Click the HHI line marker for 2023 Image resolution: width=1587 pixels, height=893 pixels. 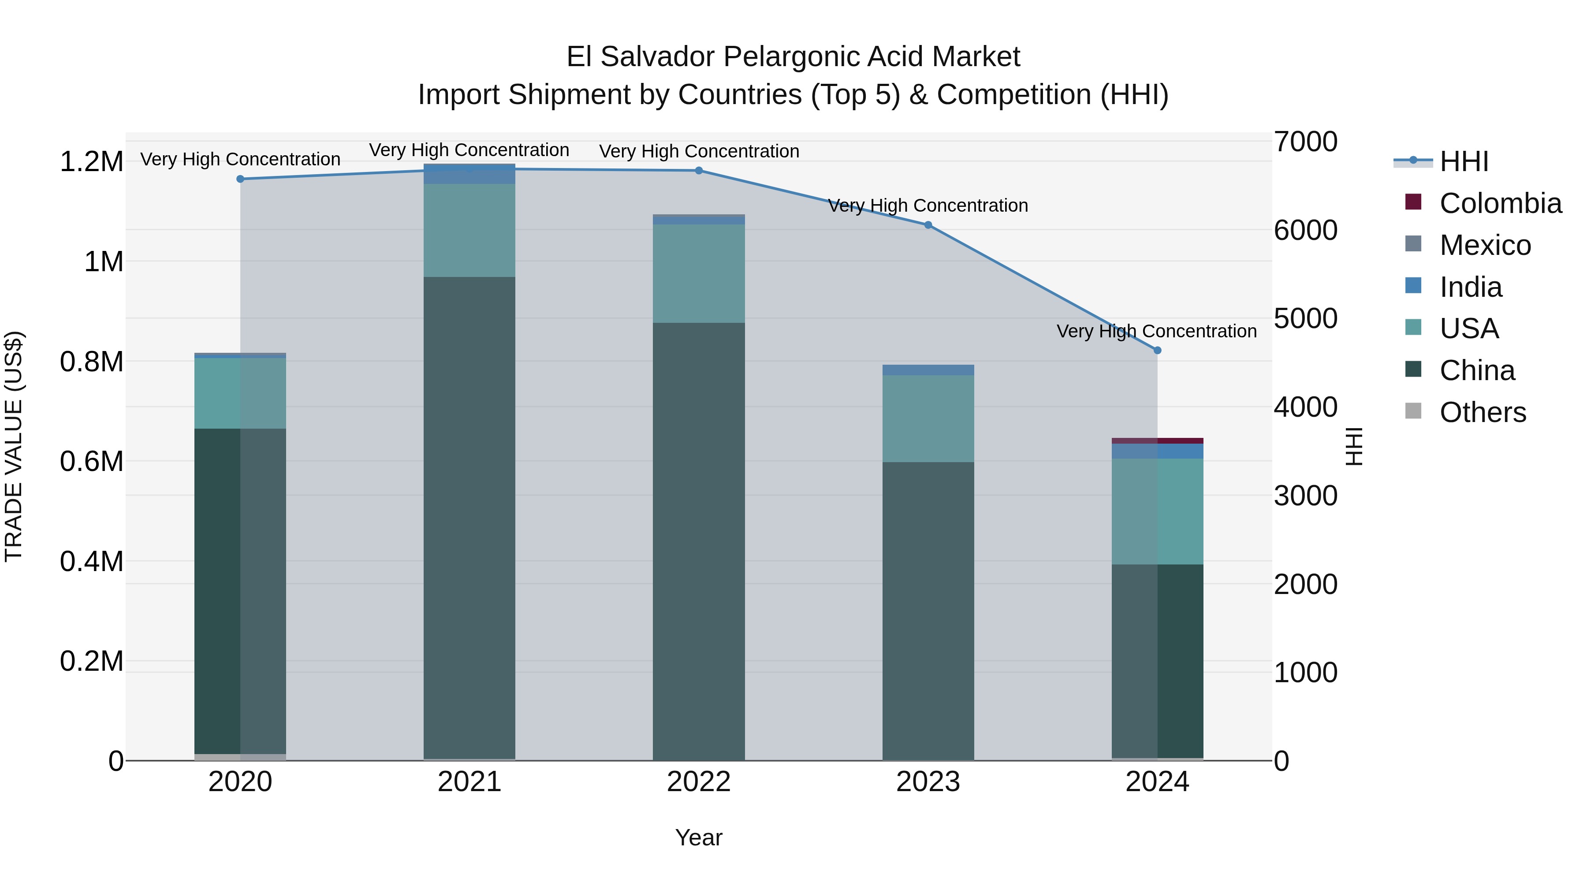click(928, 225)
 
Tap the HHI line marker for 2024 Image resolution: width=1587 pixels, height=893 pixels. click(1157, 350)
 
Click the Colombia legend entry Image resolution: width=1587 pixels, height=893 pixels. click(1500, 203)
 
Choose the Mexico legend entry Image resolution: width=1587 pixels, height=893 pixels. click(1485, 245)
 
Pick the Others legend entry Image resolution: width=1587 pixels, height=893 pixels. click(1482, 412)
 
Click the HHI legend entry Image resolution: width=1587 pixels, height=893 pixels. click(1463, 161)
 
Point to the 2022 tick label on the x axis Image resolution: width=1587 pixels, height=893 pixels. click(699, 782)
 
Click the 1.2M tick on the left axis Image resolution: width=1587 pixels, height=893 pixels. click(91, 162)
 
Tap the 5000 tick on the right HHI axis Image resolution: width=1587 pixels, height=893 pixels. click(1305, 319)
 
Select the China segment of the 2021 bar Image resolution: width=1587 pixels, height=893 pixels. click(469, 518)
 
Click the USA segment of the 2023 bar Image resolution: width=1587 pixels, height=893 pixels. click(928, 418)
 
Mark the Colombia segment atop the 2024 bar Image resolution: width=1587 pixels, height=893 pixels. click(1157, 441)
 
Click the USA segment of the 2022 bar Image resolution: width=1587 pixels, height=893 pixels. click(699, 273)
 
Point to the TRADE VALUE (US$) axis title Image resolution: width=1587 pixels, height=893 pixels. click(14, 446)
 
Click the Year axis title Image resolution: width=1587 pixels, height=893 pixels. click(699, 837)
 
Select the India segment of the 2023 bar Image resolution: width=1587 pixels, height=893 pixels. click(928, 370)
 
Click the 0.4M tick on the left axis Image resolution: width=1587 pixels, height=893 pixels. click(91, 561)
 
